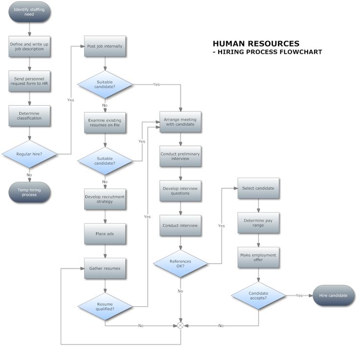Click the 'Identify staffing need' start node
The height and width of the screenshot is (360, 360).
pos(29,12)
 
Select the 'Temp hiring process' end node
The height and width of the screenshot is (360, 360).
pos(29,192)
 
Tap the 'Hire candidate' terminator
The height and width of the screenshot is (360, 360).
pos(334,295)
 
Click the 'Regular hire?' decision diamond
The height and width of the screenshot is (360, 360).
pos(29,154)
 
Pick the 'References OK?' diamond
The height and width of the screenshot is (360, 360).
pos(180,264)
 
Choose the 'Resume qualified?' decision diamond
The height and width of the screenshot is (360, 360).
pos(105,306)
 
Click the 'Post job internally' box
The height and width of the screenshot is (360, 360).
pos(105,46)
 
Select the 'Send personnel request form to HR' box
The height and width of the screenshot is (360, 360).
pos(29,81)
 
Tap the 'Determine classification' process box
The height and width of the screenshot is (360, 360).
pos(29,115)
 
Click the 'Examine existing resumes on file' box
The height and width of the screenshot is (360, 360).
pos(105,122)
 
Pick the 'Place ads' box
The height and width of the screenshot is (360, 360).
pos(105,234)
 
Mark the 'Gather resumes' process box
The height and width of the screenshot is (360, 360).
pos(105,268)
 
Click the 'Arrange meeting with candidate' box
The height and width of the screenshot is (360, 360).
pos(180,122)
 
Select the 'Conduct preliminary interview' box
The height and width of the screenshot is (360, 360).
pos(180,156)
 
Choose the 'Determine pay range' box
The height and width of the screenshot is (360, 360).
pos(258,223)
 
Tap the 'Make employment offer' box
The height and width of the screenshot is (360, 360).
pos(258,257)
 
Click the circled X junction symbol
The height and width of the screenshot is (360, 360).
pos(180,325)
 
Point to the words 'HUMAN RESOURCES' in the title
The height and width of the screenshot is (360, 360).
pos(256,44)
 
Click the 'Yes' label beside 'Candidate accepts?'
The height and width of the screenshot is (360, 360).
pos(299,295)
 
